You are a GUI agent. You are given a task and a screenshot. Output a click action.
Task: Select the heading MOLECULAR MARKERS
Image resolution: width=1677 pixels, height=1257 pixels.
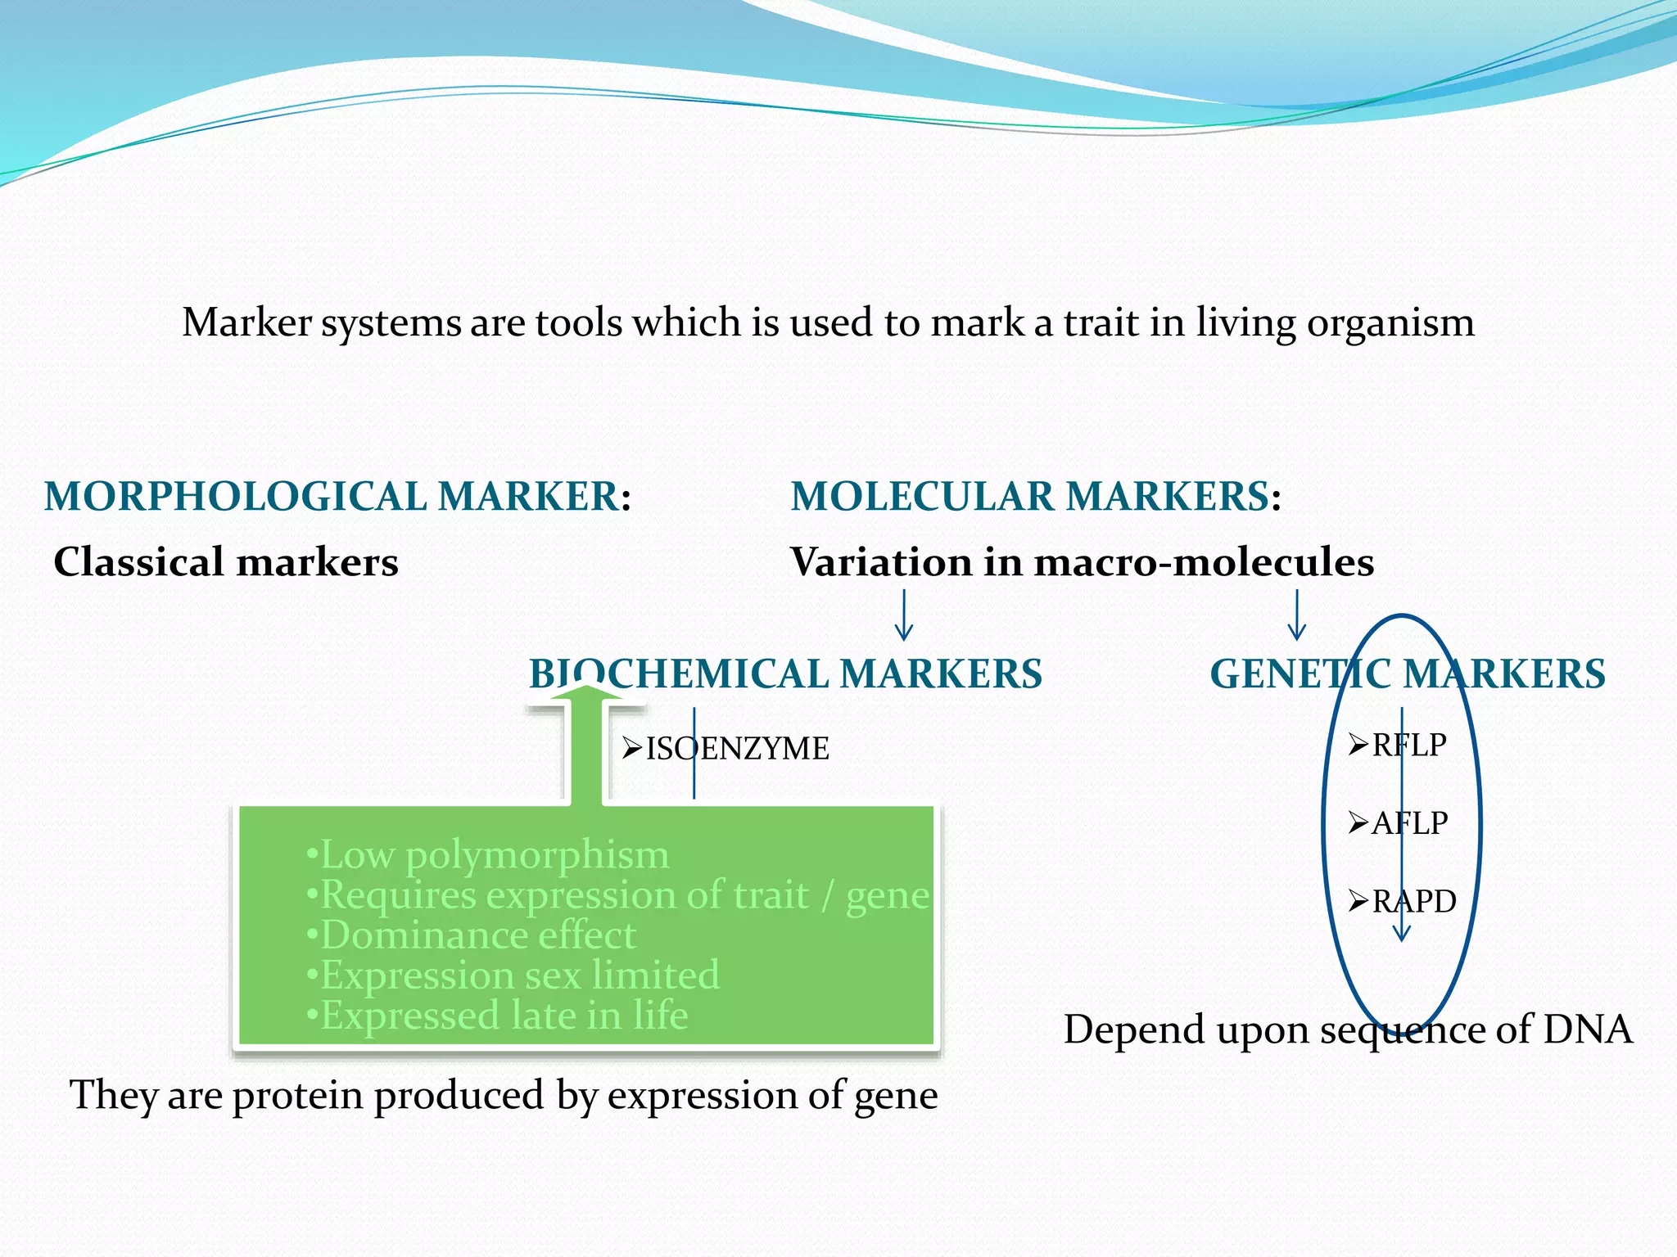click(x=1030, y=497)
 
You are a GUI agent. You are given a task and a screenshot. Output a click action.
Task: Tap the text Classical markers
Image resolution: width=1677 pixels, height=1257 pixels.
click(x=226, y=562)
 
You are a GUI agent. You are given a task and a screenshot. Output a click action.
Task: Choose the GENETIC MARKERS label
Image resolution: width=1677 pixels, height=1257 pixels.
click(x=1407, y=674)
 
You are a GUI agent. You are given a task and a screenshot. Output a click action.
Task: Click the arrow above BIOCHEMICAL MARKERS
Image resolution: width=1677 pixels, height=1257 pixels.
click(x=903, y=615)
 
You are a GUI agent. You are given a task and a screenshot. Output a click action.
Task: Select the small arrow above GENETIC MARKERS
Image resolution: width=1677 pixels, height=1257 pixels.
click(x=1296, y=615)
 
